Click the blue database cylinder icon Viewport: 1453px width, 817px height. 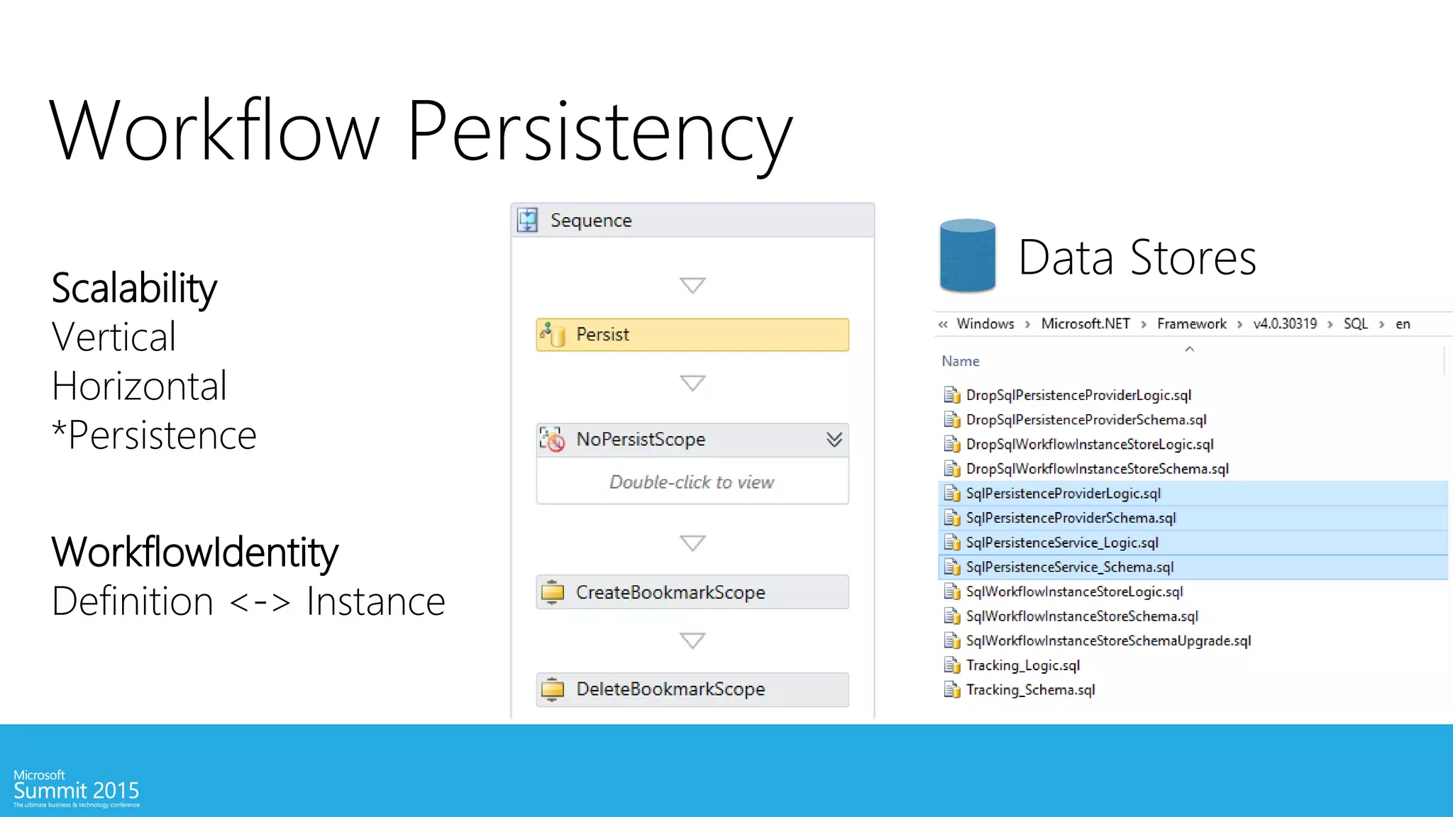point(967,256)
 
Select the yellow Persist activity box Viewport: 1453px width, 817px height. point(692,335)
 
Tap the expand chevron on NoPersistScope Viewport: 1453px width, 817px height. point(834,440)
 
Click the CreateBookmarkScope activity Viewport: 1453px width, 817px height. point(692,592)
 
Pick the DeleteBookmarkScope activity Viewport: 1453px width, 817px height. point(692,689)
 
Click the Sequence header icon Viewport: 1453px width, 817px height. point(528,221)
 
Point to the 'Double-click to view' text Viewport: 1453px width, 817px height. point(692,482)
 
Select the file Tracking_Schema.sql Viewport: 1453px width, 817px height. point(1030,690)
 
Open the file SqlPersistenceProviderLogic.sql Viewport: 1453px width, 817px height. point(1063,494)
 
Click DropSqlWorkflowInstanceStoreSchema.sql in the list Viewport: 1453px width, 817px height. point(1097,469)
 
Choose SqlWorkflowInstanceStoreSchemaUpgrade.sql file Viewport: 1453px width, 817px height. point(1108,641)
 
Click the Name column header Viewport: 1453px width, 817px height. point(961,362)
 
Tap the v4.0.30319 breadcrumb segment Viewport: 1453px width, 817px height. point(1285,324)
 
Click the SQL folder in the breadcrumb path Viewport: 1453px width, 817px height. point(1355,324)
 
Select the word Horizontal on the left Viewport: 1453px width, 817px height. point(139,386)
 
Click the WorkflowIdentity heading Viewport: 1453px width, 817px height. point(195,552)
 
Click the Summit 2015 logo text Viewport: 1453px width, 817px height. point(77,790)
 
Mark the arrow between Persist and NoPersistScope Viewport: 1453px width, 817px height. point(692,383)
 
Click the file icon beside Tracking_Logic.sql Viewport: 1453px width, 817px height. point(951,665)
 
